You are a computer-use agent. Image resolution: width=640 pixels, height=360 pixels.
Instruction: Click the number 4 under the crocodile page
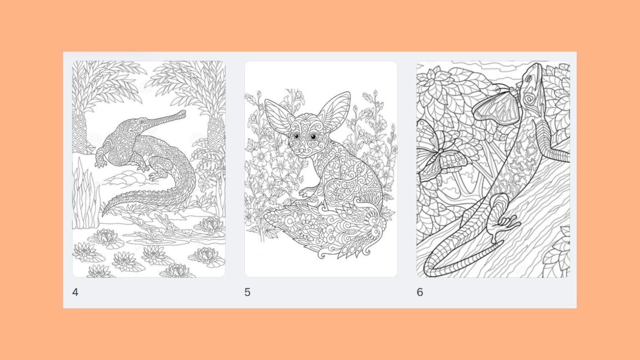pos(75,292)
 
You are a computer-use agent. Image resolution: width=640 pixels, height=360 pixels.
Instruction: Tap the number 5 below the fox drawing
pos(247,292)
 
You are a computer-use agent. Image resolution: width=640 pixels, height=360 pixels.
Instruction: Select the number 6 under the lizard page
pos(420,292)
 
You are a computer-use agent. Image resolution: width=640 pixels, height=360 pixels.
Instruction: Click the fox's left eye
pos(296,137)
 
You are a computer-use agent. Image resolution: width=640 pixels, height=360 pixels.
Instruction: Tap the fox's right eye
pos(312,137)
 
